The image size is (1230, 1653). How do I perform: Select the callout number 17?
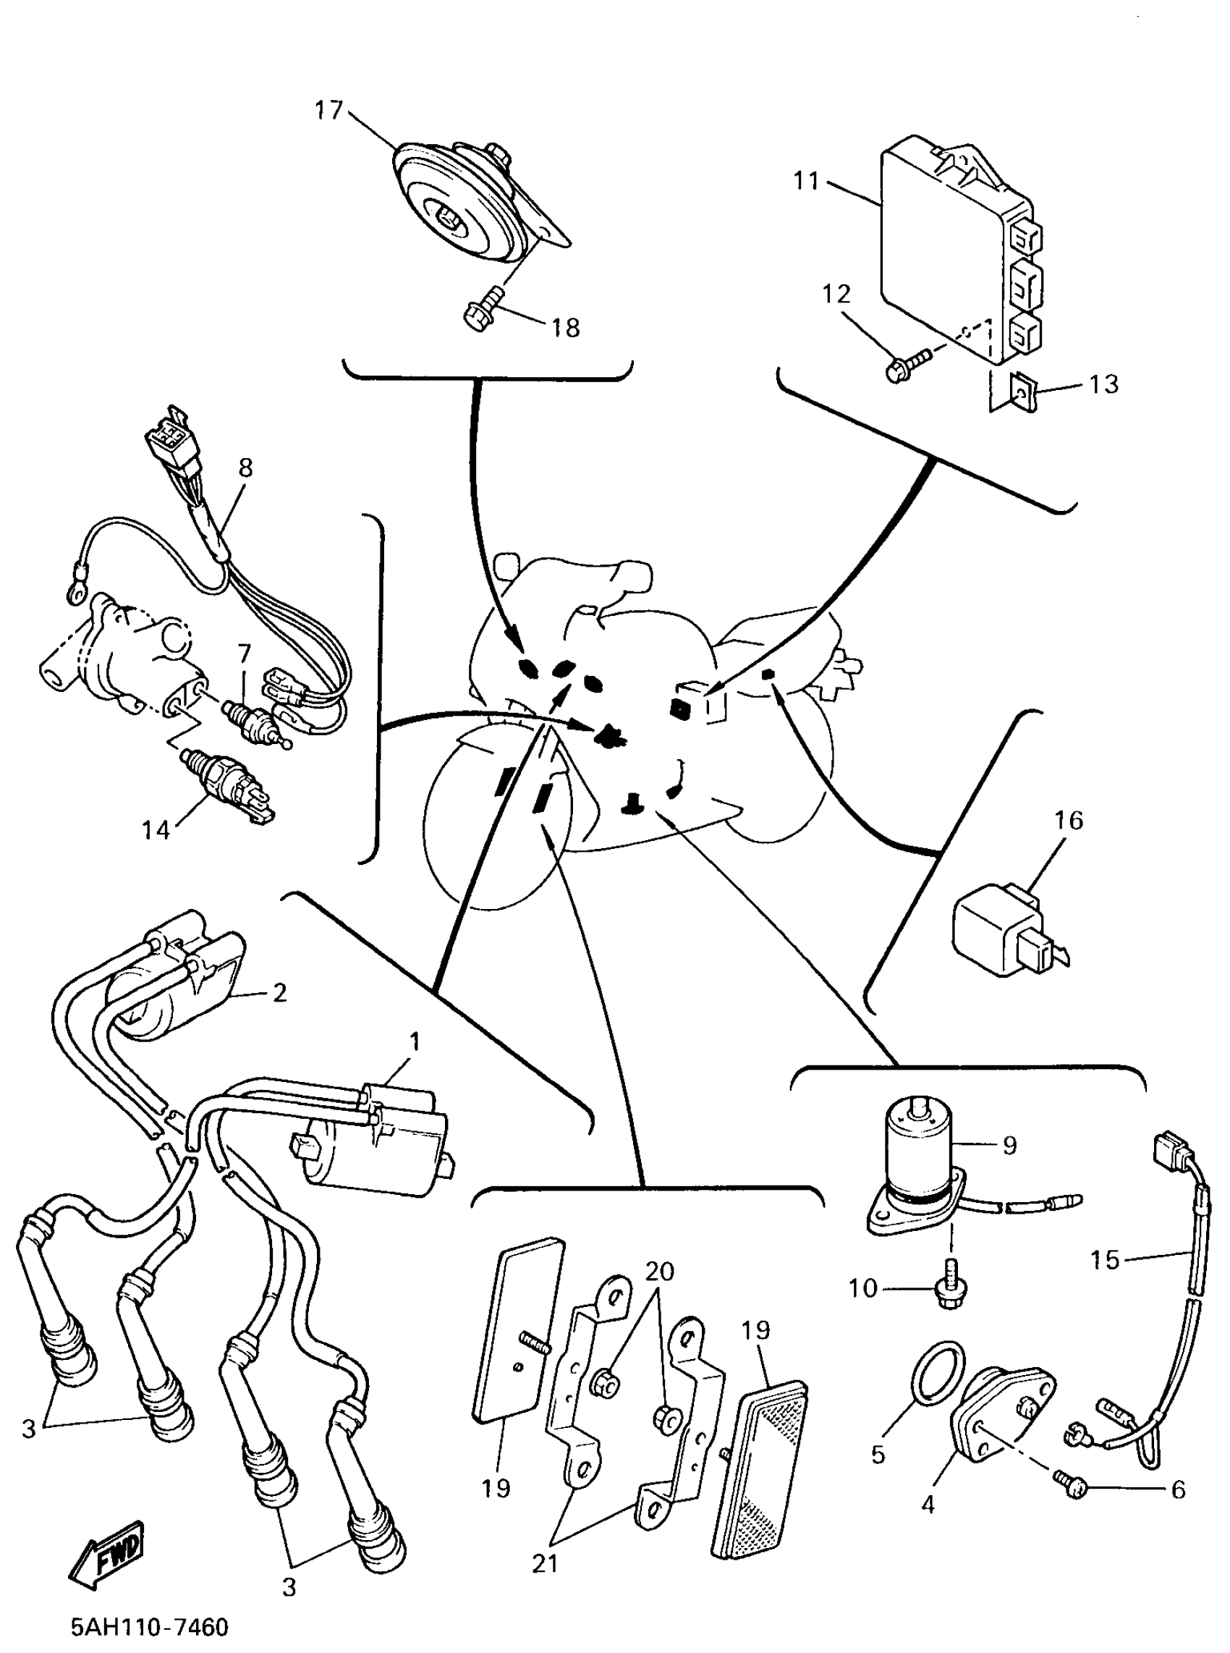pos(328,110)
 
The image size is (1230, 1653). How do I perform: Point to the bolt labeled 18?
pos(483,311)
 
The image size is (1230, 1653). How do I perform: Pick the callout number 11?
pos(806,181)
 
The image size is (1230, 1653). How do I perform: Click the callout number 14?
pos(156,829)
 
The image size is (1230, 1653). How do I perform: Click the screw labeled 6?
pos(1070,1487)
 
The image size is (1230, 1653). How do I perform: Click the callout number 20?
pos(659,1271)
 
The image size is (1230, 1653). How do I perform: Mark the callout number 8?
pos(246,468)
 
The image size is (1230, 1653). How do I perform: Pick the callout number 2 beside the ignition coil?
pos(280,992)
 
